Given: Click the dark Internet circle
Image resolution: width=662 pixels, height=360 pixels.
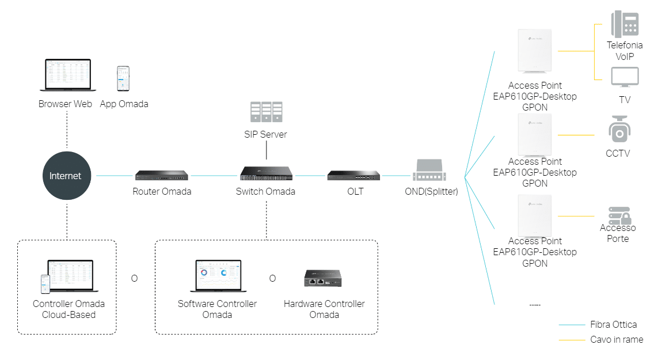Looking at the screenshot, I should click(65, 176).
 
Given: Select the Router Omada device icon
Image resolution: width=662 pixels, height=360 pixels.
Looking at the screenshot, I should click(161, 175).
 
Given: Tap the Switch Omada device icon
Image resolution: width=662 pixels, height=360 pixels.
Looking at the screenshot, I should click(265, 173).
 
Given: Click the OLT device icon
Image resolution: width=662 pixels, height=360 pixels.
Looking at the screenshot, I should click(353, 175).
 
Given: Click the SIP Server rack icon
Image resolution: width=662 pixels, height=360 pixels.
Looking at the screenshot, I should click(265, 112).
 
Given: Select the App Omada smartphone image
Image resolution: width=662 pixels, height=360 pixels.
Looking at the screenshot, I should click(123, 78).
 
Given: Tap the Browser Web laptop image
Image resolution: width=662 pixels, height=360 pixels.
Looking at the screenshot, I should click(65, 75).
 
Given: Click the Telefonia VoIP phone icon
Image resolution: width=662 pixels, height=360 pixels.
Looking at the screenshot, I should click(625, 25).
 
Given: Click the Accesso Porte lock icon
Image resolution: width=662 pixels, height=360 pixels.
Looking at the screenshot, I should click(619, 215).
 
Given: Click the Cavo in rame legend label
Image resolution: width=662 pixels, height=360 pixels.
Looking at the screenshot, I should click(616, 340).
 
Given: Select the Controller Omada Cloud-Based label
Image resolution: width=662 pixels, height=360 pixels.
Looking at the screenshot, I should click(69, 309).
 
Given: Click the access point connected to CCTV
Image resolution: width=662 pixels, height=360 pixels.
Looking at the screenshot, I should click(535, 135).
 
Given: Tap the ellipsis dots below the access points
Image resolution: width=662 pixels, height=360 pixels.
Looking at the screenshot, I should click(535, 304).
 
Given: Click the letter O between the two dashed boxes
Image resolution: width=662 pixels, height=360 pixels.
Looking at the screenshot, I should click(134, 278).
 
